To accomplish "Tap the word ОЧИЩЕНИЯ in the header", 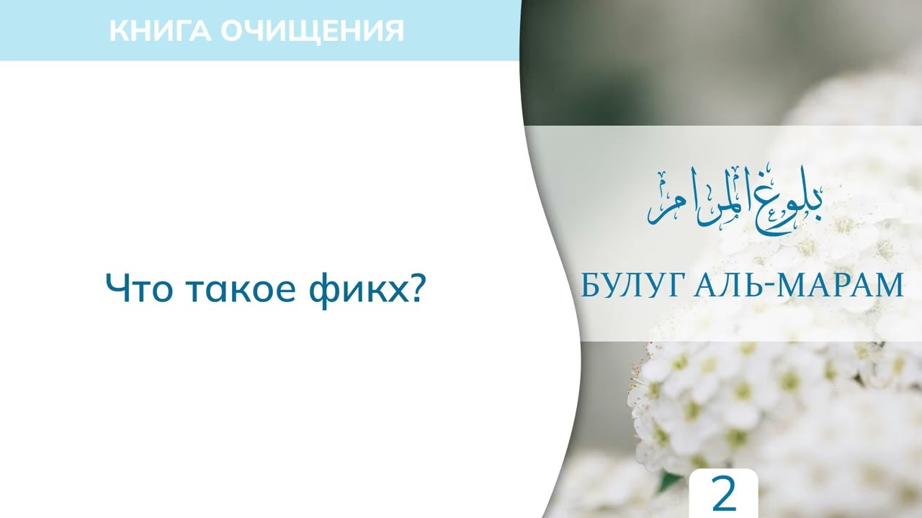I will (x=311, y=30).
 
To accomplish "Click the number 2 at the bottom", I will (x=723, y=494).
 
